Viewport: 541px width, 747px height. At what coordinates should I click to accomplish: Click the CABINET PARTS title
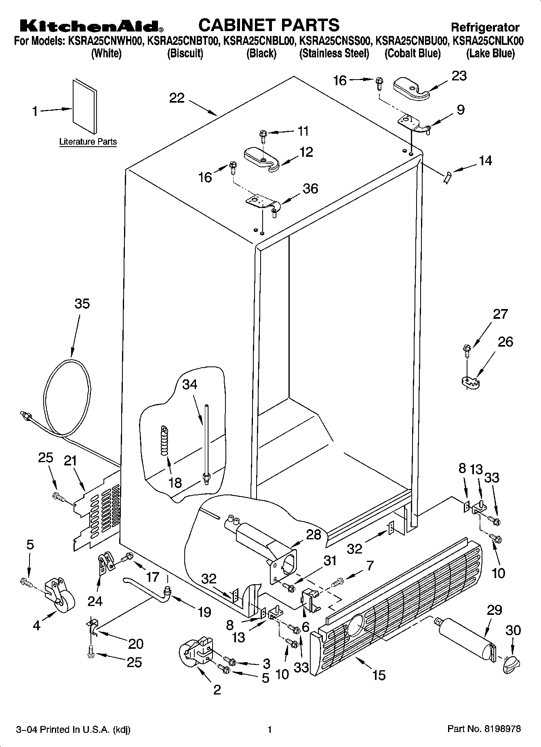pos(269,25)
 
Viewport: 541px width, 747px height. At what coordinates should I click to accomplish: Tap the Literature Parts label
pos(88,142)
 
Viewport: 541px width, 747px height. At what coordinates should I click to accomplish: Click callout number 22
pos(177,98)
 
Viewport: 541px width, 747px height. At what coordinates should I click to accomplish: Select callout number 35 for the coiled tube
pos(82,304)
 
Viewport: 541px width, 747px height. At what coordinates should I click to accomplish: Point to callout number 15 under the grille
pos(379,675)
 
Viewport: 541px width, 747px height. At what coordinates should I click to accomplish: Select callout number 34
pos(189,384)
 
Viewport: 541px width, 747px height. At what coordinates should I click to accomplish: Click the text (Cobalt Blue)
pos(412,54)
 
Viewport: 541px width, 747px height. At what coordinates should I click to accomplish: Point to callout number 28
pos(314,534)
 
